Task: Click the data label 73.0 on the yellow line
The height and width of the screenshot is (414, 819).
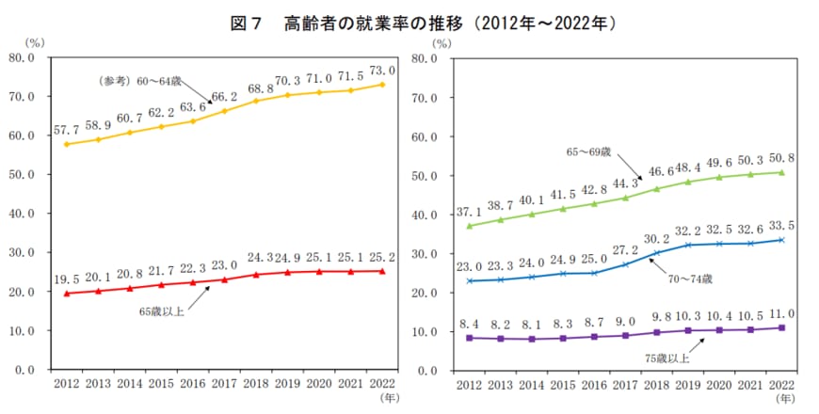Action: pos(381,70)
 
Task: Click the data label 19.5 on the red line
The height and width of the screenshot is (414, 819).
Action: pos(67,279)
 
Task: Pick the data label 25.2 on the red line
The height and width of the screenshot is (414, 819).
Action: pos(381,256)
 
